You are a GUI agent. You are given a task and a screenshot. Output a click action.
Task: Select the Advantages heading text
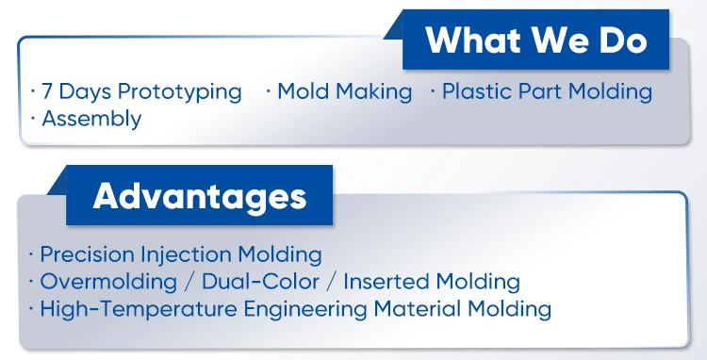click(200, 196)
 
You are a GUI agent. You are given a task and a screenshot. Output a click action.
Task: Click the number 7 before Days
click(47, 92)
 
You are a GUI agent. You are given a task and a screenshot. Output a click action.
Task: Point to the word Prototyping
click(180, 93)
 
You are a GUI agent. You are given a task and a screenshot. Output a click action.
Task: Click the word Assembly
click(91, 120)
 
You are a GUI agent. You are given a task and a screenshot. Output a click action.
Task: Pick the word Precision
click(88, 254)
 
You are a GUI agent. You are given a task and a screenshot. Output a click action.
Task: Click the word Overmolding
click(108, 282)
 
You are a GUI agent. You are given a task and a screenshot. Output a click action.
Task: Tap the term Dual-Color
click(260, 282)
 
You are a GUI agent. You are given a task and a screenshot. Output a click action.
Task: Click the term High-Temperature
click(139, 310)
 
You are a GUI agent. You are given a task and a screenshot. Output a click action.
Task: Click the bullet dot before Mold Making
click(269, 92)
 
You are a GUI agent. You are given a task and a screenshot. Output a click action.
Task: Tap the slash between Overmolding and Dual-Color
click(189, 282)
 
